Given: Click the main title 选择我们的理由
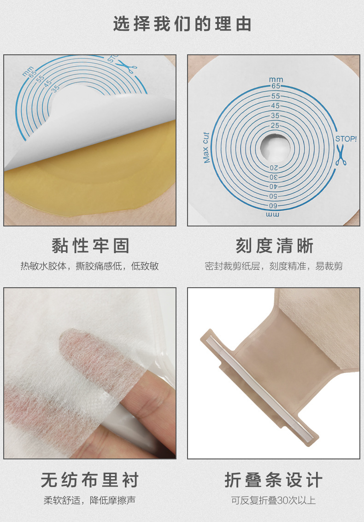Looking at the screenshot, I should pos(182,24).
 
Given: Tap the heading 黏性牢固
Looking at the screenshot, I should pos(90,246).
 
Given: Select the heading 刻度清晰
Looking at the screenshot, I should pos(274,246).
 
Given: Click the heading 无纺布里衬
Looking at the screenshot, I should pos(90,480).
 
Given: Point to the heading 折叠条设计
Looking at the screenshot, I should pos(274,480).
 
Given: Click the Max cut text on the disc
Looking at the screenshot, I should pos(206,148).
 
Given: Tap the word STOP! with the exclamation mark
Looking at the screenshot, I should pos(346,138).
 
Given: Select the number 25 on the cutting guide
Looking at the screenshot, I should pos(275,125).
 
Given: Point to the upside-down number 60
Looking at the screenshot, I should pos(275,205).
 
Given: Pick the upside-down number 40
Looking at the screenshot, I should pos(275,186).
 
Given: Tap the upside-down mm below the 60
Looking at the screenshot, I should pos(273,214).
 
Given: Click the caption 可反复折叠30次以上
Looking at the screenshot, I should pos(274,500).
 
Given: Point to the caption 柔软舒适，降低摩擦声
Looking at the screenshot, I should pos(90,500).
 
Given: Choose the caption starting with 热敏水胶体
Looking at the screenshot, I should pos(90,266).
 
